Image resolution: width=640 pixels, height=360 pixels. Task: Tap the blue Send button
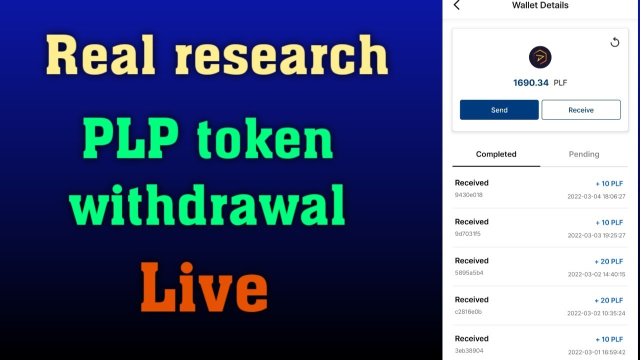pos(499,110)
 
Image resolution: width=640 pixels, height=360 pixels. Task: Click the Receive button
pos(580,110)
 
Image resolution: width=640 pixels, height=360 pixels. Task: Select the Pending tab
pos(583,154)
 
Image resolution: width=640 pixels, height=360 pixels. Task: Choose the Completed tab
pos(496,154)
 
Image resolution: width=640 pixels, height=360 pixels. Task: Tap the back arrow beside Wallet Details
pos(456,5)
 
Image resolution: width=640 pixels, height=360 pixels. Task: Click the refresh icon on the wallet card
pos(615,42)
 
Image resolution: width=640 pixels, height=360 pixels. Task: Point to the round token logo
pos(540,57)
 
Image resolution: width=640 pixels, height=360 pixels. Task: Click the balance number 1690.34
pos(531,83)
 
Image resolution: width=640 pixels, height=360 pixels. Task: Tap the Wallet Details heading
pos(540,5)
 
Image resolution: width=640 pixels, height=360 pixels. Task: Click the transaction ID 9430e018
pos(469,195)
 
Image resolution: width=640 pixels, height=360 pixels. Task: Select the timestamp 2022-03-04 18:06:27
pos(596,196)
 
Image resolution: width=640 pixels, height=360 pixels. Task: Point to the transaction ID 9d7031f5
pos(468,234)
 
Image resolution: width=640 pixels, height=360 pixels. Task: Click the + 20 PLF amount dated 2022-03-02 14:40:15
pos(608,261)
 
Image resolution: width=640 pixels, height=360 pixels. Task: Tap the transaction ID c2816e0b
pos(468,312)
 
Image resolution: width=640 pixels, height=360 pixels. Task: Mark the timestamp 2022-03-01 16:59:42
pos(596,352)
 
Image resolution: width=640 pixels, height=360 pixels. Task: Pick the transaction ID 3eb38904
pos(469,351)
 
